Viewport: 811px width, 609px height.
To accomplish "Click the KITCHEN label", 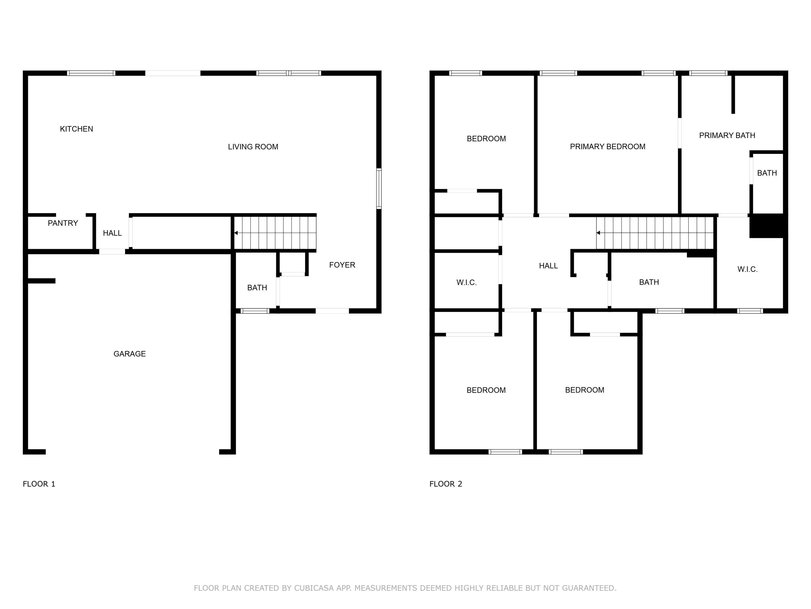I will [x=76, y=129].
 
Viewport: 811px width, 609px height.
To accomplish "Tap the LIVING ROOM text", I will [x=253, y=147].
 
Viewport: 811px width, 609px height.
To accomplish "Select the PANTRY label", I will [x=63, y=223].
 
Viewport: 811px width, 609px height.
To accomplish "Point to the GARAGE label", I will [x=129, y=354].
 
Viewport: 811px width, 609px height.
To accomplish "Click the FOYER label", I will [x=342, y=265].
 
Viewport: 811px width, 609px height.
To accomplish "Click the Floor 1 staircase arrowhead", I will [x=236, y=233].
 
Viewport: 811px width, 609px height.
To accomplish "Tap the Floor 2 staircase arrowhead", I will [x=598, y=233].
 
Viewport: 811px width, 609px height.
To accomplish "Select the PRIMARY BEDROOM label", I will [x=607, y=146].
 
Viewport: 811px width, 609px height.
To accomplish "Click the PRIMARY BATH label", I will [x=727, y=135].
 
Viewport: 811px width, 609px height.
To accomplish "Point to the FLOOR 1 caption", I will [x=39, y=484].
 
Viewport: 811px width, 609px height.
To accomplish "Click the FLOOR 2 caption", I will [x=446, y=484].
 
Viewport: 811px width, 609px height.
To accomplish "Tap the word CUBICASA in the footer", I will [x=314, y=588].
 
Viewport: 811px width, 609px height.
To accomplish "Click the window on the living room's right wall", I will [x=379, y=189].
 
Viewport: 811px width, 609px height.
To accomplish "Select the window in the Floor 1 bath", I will [x=255, y=311].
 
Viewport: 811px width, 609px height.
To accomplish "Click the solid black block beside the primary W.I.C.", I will [x=768, y=226].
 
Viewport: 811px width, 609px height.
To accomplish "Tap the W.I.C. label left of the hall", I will [x=466, y=283].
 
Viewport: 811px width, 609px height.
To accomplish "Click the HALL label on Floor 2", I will [x=548, y=266].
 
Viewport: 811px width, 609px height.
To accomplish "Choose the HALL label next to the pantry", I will [x=112, y=233].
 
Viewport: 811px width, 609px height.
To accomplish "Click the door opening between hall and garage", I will [x=112, y=251].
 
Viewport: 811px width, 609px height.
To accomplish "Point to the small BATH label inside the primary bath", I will [x=767, y=173].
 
